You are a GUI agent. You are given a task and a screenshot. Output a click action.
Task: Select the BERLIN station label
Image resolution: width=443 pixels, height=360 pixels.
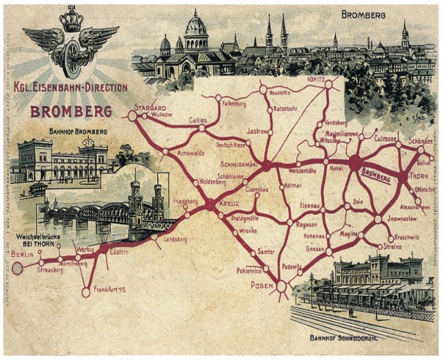click(x=17, y=255)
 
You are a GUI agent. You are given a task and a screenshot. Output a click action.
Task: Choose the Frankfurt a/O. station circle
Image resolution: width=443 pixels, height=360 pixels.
click(x=86, y=293)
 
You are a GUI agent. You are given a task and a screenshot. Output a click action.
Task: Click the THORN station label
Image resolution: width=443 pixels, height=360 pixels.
click(x=419, y=177)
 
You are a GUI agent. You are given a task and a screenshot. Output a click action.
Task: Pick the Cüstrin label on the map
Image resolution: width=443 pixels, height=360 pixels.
click(x=120, y=252)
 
